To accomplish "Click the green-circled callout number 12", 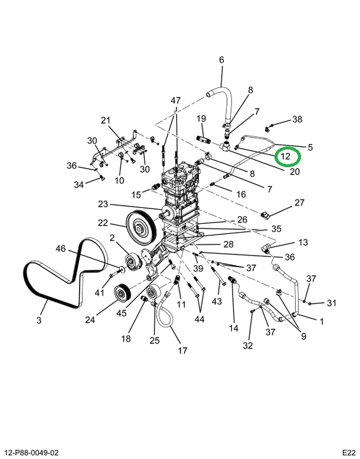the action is click(285, 156).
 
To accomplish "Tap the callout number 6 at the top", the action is click(222, 60).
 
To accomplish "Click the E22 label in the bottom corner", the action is click(349, 453).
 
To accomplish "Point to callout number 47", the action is click(176, 101).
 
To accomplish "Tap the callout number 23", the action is click(103, 204).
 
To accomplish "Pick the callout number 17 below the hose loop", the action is click(182, 350).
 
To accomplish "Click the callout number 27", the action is click(299, 202).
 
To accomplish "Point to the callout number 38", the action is click(297, 119).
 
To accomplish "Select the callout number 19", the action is click(201, 119).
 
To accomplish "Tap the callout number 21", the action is click(106, 120).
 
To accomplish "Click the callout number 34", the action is click(78, 184).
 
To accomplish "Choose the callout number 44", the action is click(199, 319).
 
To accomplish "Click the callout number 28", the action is click(228, 244).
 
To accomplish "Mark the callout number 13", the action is click(303, 242).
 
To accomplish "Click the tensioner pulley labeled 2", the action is click(133, 261).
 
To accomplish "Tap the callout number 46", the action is click(61, 249).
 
